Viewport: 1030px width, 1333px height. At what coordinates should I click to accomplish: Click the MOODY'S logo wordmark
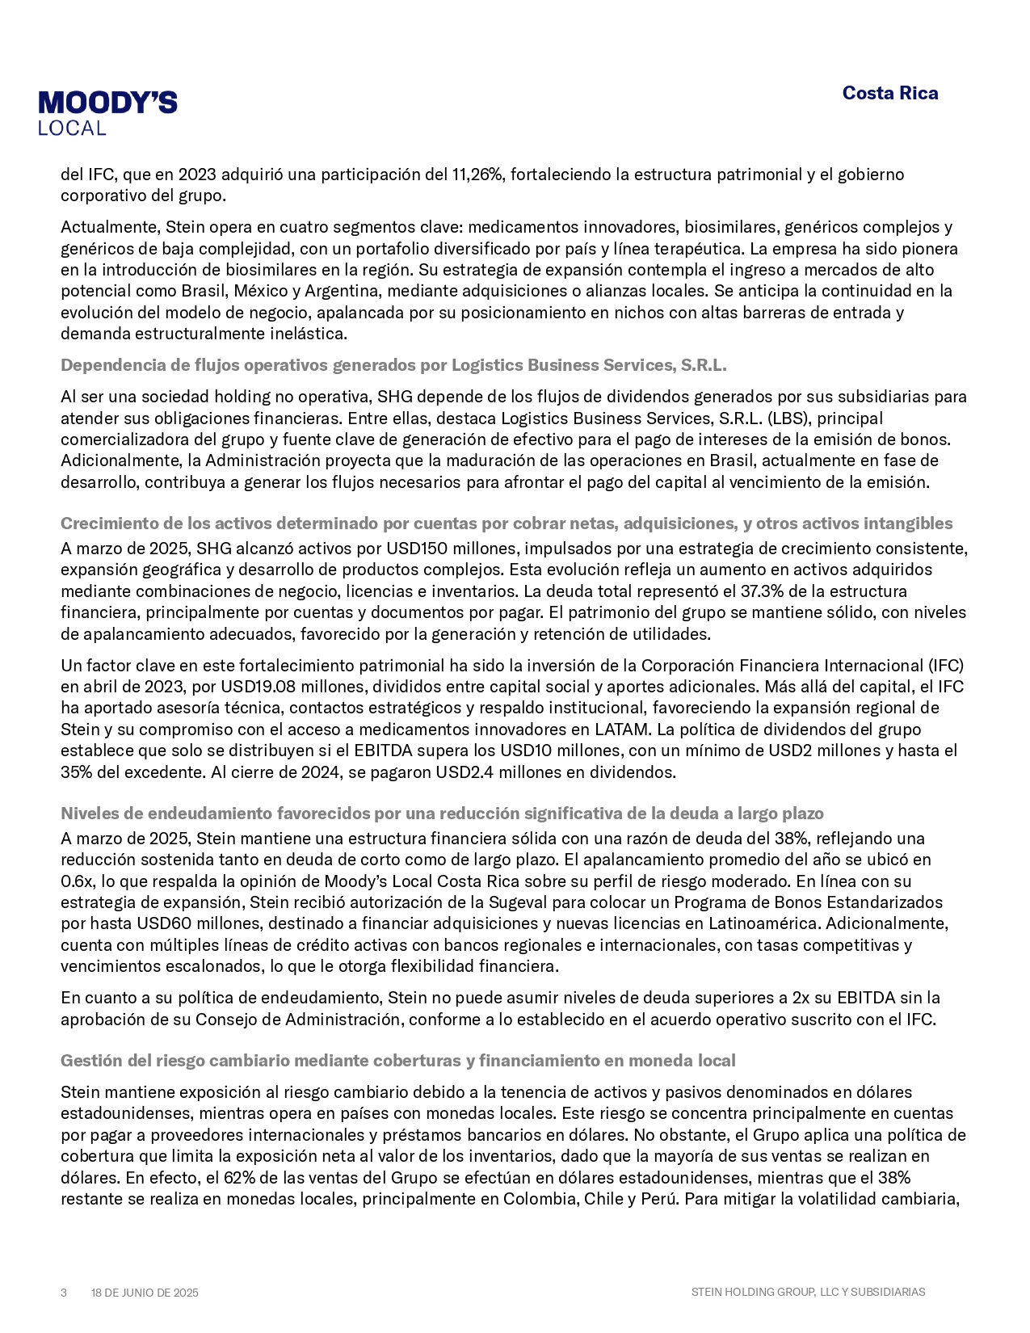point(107,103)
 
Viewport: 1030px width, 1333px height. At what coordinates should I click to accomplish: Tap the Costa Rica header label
point(889,93)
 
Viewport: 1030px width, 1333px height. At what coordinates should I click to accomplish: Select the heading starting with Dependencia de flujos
point(393,365)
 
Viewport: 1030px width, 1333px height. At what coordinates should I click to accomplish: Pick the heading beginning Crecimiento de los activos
point(507,524)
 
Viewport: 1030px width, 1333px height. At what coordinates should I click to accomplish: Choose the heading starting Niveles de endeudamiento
point(442,814)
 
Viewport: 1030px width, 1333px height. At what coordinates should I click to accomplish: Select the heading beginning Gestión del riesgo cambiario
point(397,1061)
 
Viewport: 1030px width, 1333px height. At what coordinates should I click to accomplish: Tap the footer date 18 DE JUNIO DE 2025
point(145,1293)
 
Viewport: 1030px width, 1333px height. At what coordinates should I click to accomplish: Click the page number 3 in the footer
point(64,1293)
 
